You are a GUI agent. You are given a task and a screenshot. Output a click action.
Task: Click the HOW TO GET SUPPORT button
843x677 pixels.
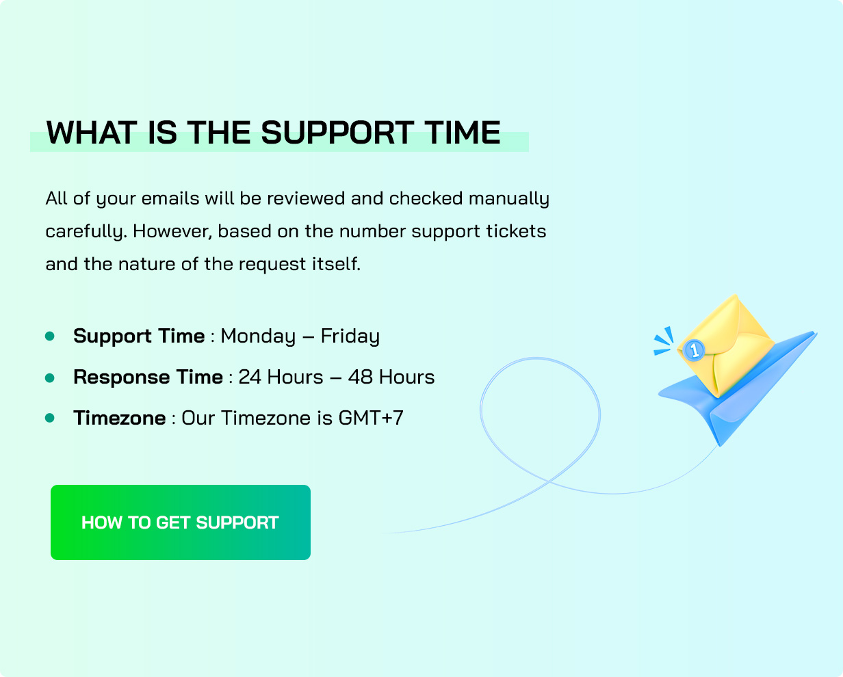181,522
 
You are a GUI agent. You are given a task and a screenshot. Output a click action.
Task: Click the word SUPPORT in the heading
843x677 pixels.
337,133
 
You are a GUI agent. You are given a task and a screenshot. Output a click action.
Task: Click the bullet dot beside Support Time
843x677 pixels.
50,336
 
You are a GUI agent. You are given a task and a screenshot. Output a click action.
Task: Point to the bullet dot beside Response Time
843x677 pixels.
50,378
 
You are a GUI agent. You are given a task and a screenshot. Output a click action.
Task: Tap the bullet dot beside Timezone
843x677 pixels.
50,418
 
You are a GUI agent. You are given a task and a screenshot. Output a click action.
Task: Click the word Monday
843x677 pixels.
258,336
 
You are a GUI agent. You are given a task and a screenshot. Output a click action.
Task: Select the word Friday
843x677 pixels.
350,336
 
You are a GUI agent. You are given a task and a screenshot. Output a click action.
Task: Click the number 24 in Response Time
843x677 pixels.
250,377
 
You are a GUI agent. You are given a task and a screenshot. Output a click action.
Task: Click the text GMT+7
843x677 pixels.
371,418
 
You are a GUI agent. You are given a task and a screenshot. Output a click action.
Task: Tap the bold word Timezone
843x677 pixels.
120,418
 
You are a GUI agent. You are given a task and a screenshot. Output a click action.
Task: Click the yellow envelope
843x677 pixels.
726,346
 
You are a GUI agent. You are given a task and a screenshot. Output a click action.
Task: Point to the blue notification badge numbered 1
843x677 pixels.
694,349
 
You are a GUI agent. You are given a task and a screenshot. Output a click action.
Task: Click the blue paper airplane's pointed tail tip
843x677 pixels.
720,446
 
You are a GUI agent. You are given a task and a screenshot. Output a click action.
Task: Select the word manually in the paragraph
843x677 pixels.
509,199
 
